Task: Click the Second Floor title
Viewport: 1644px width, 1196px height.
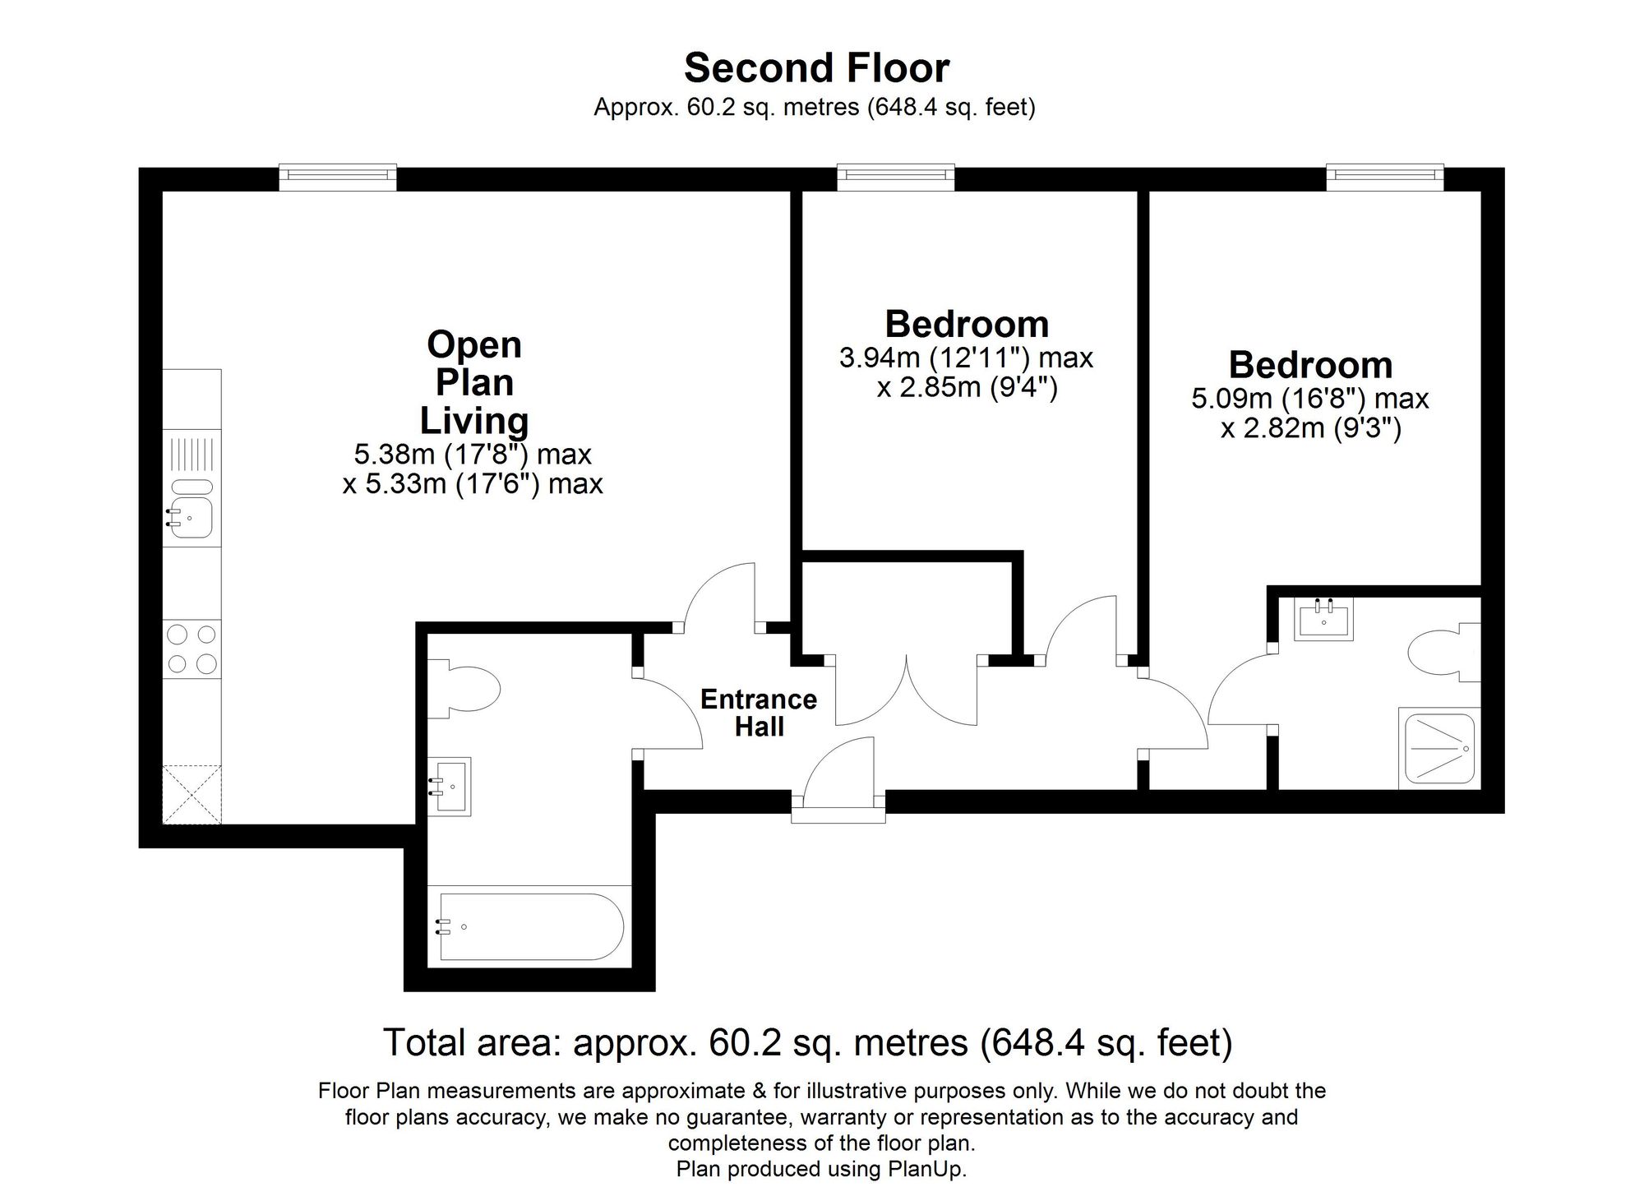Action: coord(816,68)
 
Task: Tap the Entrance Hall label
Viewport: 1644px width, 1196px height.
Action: coord(758,713)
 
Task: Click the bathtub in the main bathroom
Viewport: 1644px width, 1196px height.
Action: coord(530,926)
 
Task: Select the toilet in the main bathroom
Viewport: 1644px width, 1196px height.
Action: coord(469,686)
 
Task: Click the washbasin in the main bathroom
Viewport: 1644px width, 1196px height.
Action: coord(452,785)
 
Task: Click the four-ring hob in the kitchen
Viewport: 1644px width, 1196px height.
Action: coord(192,649)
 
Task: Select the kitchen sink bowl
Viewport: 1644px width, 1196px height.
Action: coord(192,519)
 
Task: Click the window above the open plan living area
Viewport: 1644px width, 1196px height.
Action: coord(338,177)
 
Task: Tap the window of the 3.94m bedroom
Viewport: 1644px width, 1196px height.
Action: coord(896,177)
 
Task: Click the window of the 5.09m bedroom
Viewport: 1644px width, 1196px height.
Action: coord(1385,177)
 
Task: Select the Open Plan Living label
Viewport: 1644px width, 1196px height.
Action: coord(474,382)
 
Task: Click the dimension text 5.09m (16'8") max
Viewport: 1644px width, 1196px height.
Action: coord(1309,399)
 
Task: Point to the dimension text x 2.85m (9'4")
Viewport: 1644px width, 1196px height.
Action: coord(967,387)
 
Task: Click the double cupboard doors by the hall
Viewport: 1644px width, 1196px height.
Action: coord(906,690)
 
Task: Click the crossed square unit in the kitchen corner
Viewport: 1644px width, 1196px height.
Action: coord(192,794)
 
